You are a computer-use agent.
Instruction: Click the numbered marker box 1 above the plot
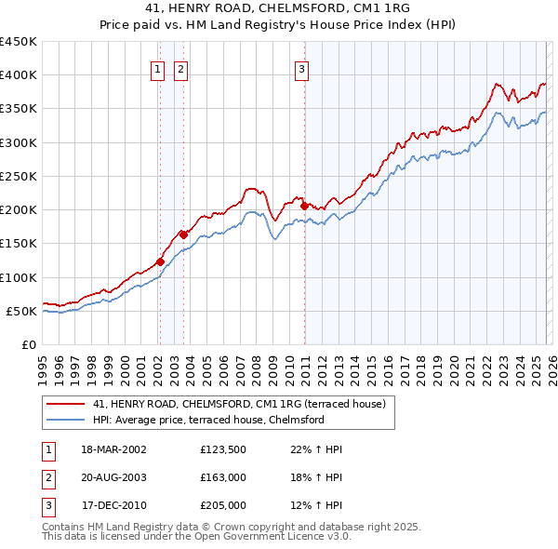point(157,68)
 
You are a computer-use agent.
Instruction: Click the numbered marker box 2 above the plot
point(180,68)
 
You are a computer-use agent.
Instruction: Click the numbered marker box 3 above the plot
point(302,68)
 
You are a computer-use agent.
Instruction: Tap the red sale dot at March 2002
point(160,261)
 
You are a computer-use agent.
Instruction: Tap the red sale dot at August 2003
point(183,234)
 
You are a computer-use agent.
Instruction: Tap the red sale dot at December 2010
point(304,206)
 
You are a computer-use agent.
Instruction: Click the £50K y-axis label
point(21,311)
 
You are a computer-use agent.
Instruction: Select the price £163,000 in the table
point(223,477)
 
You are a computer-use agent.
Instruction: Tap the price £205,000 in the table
point(223,505)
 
